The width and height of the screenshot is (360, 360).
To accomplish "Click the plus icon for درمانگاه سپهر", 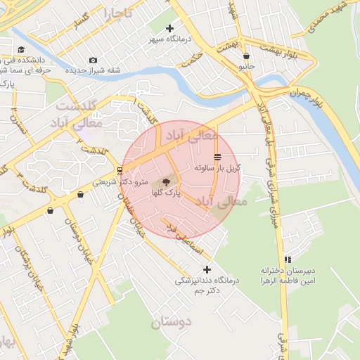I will click(x=169, y=29).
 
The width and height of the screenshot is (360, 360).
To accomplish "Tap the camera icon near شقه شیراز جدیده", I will click(x=94, y=60).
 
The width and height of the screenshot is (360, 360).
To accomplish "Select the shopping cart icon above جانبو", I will click(x=245, y=56).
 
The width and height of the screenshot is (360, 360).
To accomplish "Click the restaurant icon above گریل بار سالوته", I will click(x=217, y=156).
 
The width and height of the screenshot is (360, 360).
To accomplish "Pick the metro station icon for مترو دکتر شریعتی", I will click(x=119, y=171).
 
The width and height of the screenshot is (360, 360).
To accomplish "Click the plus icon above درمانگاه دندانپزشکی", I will click(x=207, y=269).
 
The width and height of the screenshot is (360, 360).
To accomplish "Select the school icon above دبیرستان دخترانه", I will click(x=288, y=259).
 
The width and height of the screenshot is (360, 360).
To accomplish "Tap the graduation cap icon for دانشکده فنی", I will click(x=22, y=49).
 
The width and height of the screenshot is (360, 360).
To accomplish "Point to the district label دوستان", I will click(x=170, y=323).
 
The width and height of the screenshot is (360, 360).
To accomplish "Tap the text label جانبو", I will click(x=245, y=67).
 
